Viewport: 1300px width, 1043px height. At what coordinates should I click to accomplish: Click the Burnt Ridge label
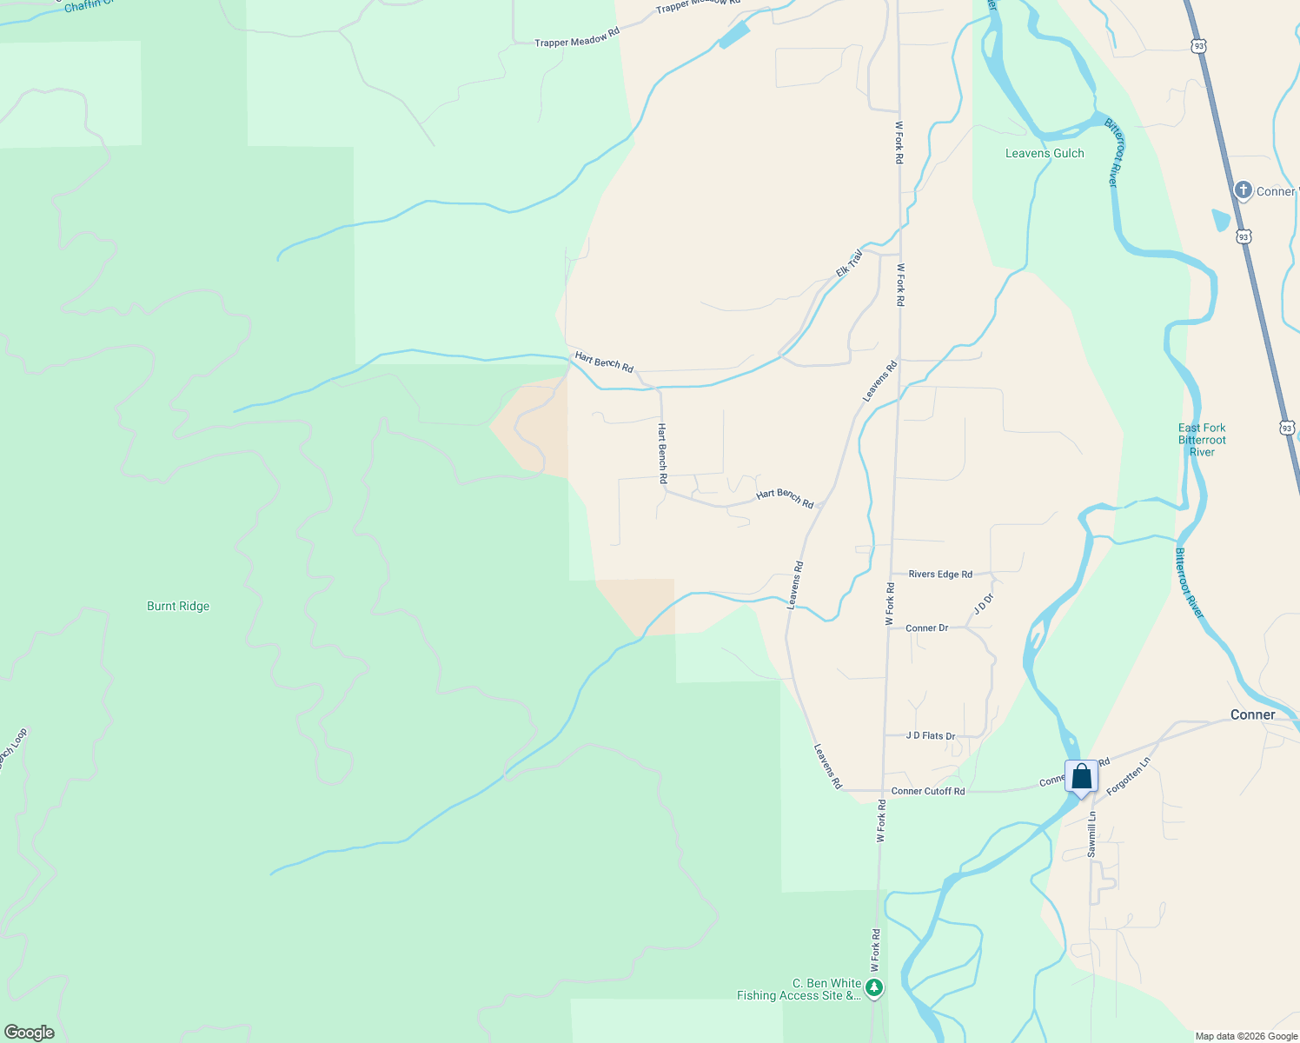178,606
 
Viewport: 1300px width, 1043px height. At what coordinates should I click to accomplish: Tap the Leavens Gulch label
1045,153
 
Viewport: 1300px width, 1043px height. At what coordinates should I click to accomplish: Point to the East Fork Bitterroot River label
1202,440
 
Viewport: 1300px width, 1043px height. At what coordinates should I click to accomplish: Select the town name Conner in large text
1252,714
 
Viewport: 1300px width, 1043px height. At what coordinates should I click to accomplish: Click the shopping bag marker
1081,776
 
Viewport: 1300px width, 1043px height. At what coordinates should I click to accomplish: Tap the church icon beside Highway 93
1244,190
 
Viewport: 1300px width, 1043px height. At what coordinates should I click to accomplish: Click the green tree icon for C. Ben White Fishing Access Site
874,987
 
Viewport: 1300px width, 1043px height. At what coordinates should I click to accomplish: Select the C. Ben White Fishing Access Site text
799,989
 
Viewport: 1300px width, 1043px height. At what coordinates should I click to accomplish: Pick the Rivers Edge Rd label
940,574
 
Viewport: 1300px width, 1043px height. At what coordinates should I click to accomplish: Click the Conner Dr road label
926,628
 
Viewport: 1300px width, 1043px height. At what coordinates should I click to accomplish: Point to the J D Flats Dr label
930,735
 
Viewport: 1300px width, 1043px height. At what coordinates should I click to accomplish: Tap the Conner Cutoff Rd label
927,791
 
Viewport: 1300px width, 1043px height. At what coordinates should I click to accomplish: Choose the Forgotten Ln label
1129,775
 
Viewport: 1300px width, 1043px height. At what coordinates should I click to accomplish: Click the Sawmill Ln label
1092,834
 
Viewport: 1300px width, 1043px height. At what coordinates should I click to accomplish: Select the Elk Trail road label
849,262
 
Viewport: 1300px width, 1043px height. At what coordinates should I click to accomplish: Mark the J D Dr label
983,604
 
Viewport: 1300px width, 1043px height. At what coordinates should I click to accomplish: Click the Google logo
30,1033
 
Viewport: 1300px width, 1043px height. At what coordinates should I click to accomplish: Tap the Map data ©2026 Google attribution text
1246,1036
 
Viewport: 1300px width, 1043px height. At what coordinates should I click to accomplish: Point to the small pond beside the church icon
1221,220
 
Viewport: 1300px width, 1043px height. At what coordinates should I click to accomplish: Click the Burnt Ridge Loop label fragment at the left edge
12,750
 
